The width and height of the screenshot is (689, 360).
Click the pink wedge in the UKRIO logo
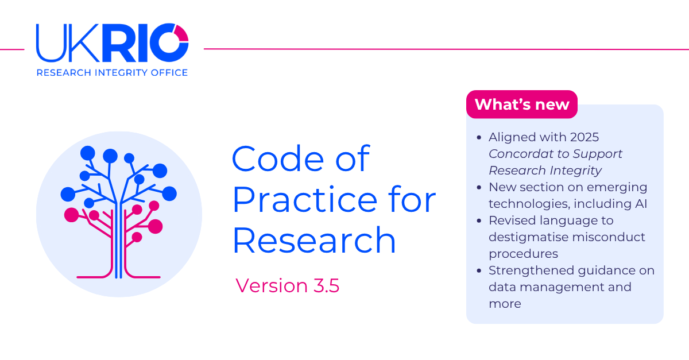182,34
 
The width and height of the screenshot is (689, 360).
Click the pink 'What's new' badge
522,104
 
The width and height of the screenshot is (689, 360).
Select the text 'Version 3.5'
287,285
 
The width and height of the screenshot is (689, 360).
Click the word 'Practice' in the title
305,199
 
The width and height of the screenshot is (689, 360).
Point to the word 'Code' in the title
278,158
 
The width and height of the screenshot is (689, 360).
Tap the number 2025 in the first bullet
585,137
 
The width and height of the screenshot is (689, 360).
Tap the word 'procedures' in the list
523,254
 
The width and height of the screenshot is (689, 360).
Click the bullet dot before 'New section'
479,187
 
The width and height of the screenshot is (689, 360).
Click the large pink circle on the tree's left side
71,215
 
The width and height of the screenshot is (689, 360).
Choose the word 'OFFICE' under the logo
169,72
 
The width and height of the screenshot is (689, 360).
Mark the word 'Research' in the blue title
314,239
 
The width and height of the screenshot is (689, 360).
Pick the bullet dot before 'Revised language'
479,220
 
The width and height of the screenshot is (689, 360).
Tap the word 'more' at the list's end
505,304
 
